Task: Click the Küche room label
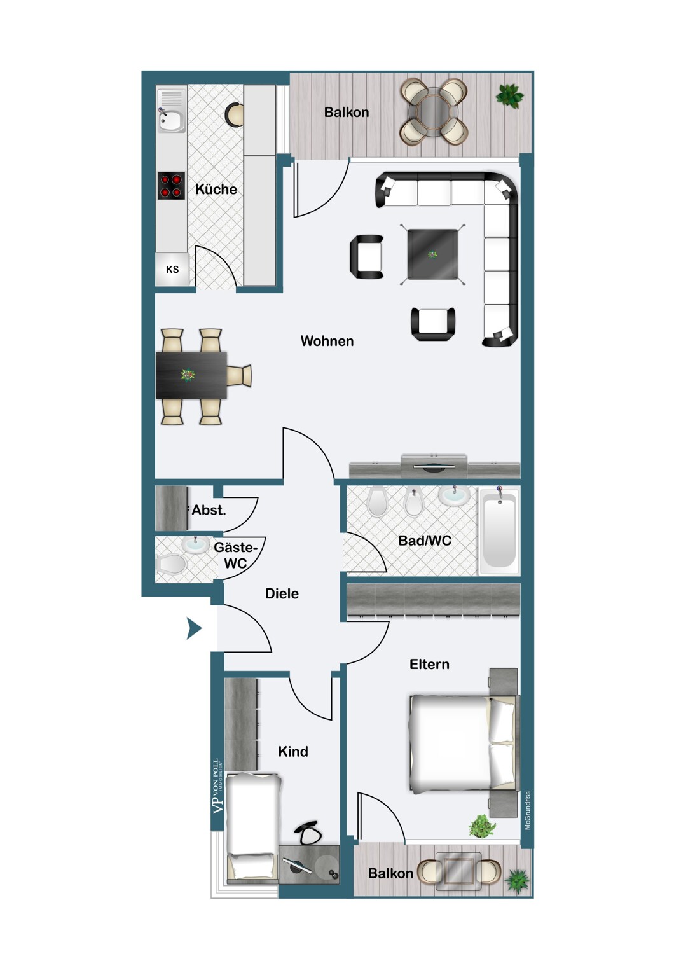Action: (216, 189)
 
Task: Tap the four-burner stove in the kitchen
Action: (171, 186)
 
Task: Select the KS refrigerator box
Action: (172, 269)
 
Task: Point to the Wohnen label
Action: (327, 341)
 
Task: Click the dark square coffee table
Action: (432, 254)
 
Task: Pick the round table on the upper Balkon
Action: (434, 113)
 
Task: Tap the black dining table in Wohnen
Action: (191, 375)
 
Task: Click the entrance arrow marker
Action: (194, 628)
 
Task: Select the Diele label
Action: (282, 593)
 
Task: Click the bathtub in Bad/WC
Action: (499, 532)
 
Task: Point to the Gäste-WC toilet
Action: (171, 564)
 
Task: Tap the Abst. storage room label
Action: (209, 509)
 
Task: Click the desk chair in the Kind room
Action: (307, 833)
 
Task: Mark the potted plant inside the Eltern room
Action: (483, 826)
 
